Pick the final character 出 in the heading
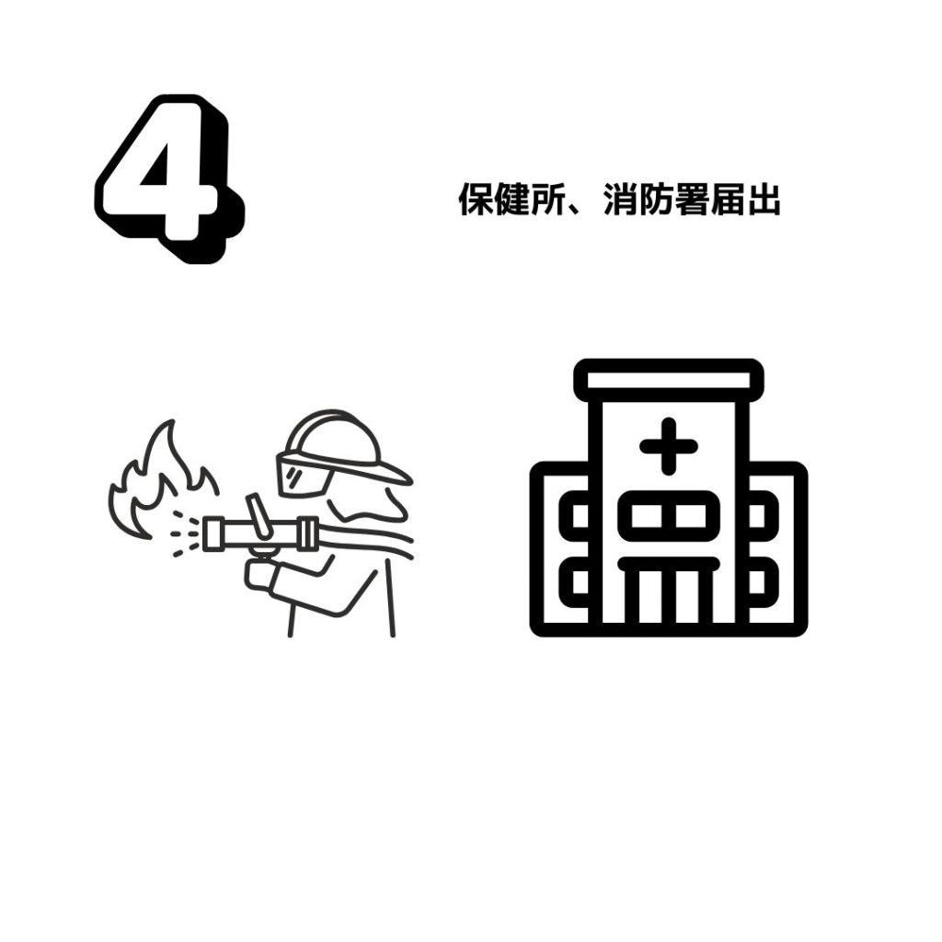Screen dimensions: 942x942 pos(764,199)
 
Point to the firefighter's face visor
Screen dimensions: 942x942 pos(304,475)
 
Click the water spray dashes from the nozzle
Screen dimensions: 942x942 pos(184,533)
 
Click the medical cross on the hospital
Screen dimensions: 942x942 pos(668,446)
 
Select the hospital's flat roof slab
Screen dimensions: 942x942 pos(669,380)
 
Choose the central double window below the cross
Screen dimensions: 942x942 pos(669,516)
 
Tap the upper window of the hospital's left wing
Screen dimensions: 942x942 pos(574,516)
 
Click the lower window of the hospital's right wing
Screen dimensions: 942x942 pos(763,582)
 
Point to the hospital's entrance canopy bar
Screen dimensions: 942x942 pos(669,565)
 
